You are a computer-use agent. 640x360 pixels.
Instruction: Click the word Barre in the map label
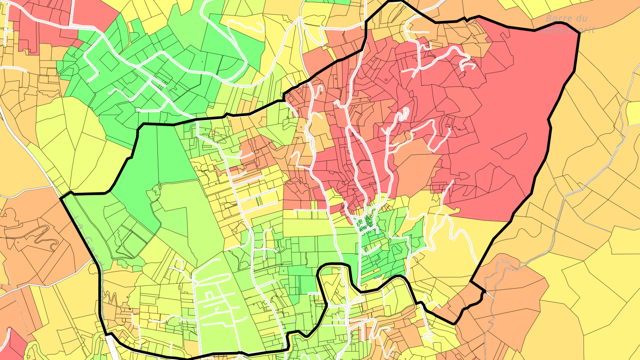pos(558,19)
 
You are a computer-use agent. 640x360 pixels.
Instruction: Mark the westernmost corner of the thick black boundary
pos(60,197)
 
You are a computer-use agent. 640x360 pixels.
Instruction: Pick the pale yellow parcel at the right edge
pos(633,113)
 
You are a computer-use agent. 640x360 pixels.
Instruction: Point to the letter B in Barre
pos(548,19)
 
